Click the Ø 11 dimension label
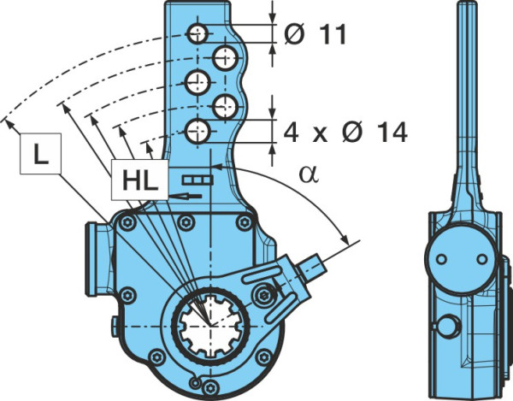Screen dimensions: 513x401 click(315, 34)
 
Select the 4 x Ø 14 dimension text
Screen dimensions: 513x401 click(345, 133)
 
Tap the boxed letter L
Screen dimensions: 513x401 click(40, 153)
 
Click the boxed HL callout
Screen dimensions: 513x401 click(139, 180)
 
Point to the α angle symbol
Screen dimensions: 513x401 click(308, 174)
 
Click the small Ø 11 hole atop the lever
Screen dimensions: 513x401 click(198, 33)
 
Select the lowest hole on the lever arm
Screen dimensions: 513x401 click(198, 131)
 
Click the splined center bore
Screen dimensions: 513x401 click(210, 326)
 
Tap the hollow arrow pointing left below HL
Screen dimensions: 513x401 click(185, 196)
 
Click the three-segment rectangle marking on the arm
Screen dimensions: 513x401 click(198, 180)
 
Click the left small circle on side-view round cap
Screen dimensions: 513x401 click(441, 259)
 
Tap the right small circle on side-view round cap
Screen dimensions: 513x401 click(481, 259)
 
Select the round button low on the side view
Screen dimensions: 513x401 click(449, 327)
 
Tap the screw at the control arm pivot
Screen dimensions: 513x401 click(263, 296)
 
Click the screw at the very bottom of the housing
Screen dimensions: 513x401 click(210, 388)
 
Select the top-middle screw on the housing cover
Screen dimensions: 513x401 click(186, 223)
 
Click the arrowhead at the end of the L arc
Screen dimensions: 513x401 click(9, 124)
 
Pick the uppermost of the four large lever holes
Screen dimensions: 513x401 click(225, 58)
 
